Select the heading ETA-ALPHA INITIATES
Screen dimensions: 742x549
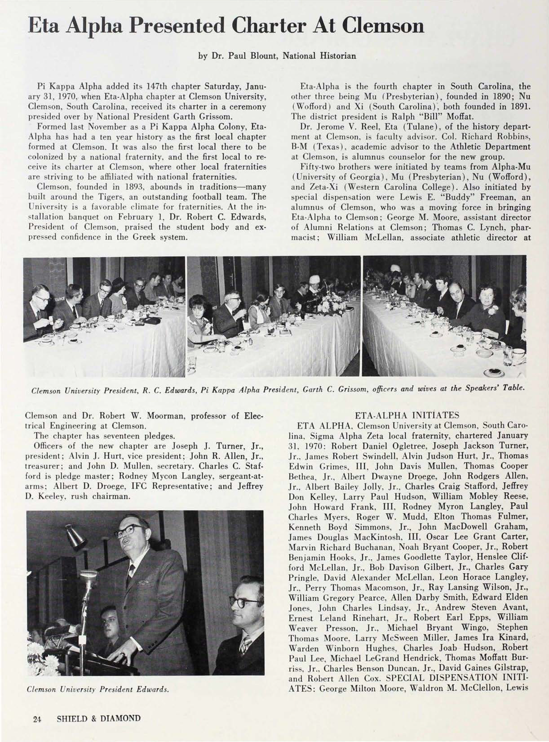click(407, 415)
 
